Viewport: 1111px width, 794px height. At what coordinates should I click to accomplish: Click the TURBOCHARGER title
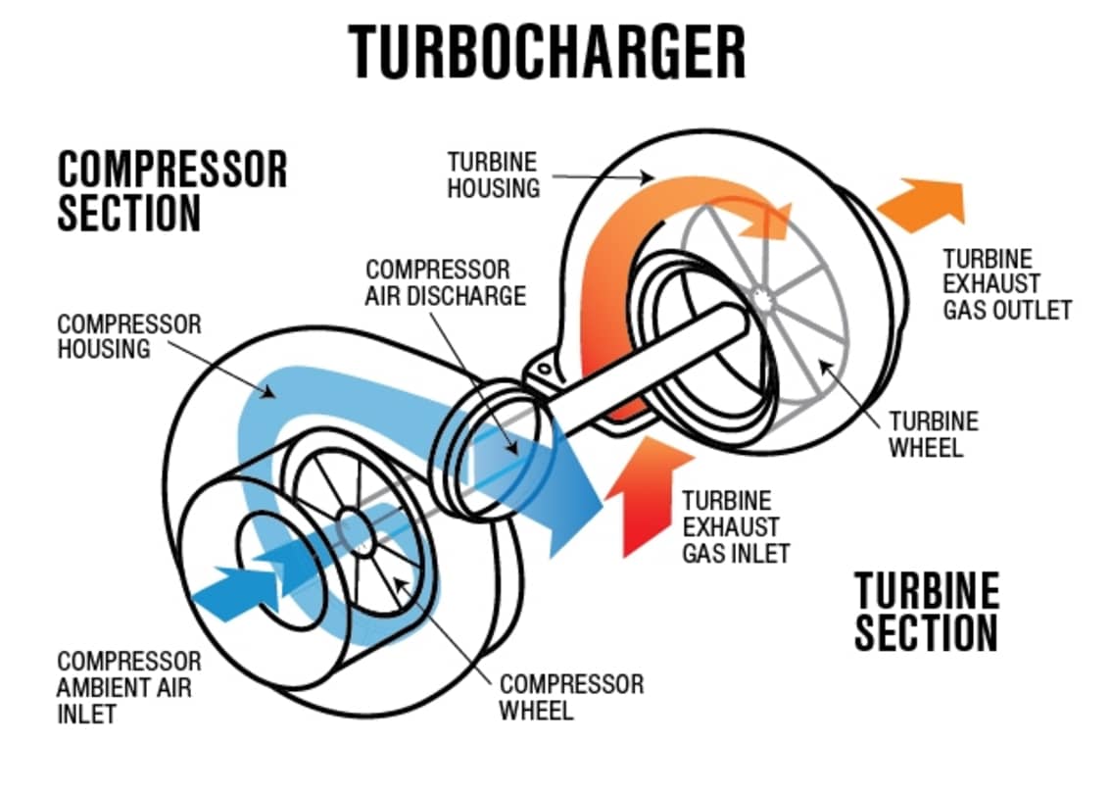point(547,52)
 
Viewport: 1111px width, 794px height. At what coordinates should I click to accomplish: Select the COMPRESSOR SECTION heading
point(172,190)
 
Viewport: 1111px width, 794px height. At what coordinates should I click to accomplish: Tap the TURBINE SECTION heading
point(926,612)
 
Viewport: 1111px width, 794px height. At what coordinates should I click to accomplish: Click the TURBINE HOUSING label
point(493,174)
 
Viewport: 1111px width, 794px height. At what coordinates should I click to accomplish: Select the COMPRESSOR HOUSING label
point(128,335)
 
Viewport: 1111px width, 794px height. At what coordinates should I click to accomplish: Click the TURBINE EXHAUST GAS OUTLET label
point(1006,284)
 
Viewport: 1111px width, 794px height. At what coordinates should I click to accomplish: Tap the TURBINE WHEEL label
point(933,434)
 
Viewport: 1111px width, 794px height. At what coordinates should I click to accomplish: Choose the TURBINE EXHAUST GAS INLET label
point(735,526)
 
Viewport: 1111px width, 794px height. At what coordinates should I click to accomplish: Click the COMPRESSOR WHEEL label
point(571,697)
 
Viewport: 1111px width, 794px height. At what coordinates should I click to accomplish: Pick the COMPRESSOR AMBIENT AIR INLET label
point(128,687)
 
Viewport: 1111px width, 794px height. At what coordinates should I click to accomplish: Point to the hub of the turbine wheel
point(761,295)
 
